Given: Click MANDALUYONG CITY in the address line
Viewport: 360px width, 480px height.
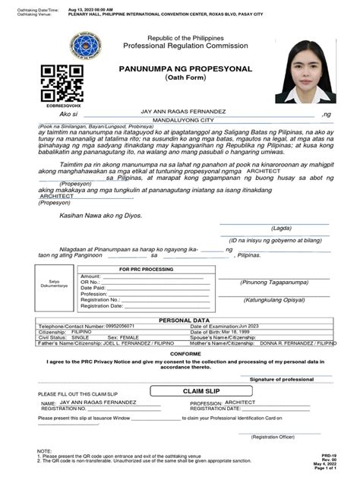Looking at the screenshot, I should coord(175,120).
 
